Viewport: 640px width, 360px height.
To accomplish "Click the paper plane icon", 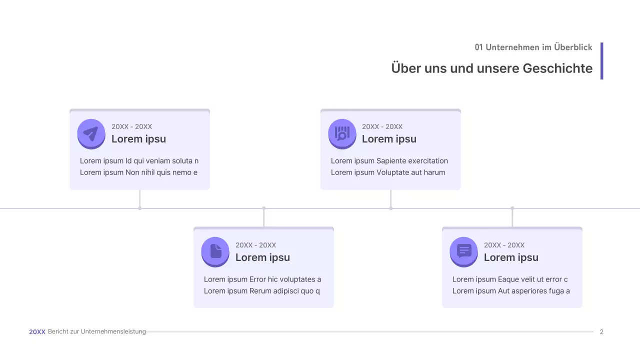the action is point(91,133).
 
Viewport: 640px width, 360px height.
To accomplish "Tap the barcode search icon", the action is point(342,133).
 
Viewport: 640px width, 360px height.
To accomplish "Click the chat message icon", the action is point(464,250).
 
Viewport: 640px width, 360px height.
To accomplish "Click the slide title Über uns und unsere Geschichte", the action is point(491,68).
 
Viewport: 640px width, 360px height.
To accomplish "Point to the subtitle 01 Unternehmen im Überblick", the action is point(533,47).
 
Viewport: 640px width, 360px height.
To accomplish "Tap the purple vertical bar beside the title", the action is point(601,61).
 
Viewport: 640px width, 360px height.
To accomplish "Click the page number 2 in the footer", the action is point(601,331).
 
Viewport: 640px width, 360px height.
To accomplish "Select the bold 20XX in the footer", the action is point(37,331).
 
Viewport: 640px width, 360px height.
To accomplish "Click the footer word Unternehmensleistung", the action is point(113,331).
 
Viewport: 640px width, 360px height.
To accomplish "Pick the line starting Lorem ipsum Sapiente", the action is point(389,161).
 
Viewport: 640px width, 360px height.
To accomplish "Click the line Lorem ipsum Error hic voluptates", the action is point(262,279).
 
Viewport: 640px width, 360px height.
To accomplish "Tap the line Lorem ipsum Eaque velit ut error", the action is point(510,279).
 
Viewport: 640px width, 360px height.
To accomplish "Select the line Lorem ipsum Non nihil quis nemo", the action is point(138,172).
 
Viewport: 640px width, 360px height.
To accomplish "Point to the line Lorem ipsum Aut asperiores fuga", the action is point(511,291).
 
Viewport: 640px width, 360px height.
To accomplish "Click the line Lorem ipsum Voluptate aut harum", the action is point(388,172).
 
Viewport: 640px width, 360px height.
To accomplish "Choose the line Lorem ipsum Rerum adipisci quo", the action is point(262,291).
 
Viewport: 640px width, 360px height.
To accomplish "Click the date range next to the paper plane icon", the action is point(131,126).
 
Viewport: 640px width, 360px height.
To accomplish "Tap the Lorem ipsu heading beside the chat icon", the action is point(511,257).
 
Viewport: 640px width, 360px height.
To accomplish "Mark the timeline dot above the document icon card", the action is point(264,208).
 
